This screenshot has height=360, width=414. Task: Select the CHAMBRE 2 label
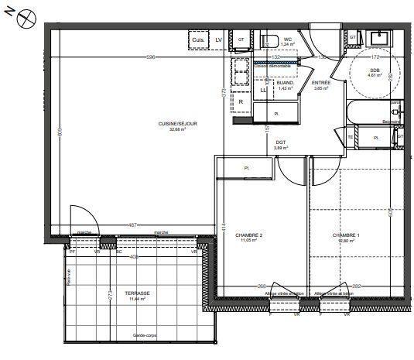point(251,235)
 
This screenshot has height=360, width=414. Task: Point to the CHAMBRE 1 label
point(346,235)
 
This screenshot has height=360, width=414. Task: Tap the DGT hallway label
point(281,142)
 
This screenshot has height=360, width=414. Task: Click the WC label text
point(287,39)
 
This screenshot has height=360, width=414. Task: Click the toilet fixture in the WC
point(271,40)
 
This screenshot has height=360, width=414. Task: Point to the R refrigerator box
point(241,102)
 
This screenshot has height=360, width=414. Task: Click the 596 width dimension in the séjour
point(152,57)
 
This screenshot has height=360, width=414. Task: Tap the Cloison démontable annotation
point(273,66)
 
